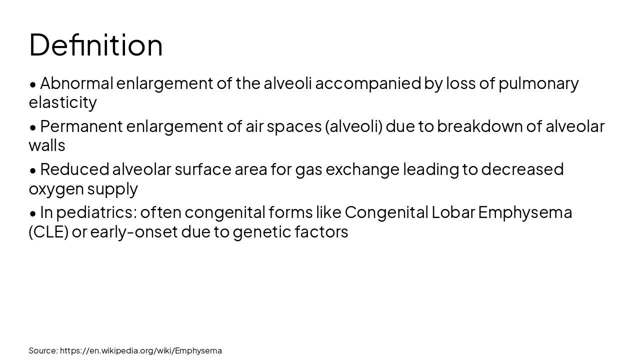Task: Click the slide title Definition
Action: coord(96,45)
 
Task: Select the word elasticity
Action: coord(62,102)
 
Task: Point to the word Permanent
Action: coord(81,126)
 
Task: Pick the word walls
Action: coord(47,145)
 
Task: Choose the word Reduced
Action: coord(74,169)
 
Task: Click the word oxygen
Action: coord(56,189)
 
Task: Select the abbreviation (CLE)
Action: coord(48,232)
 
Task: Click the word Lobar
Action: coord(453,212)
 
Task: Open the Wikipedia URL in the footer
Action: coord(141,350)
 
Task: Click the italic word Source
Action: coord(43,350)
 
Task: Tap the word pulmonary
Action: coord(538,83)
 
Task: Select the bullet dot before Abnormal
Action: coord(33,84)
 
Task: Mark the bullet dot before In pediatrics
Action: coord(33,213)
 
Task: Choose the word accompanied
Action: coord(368,83)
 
